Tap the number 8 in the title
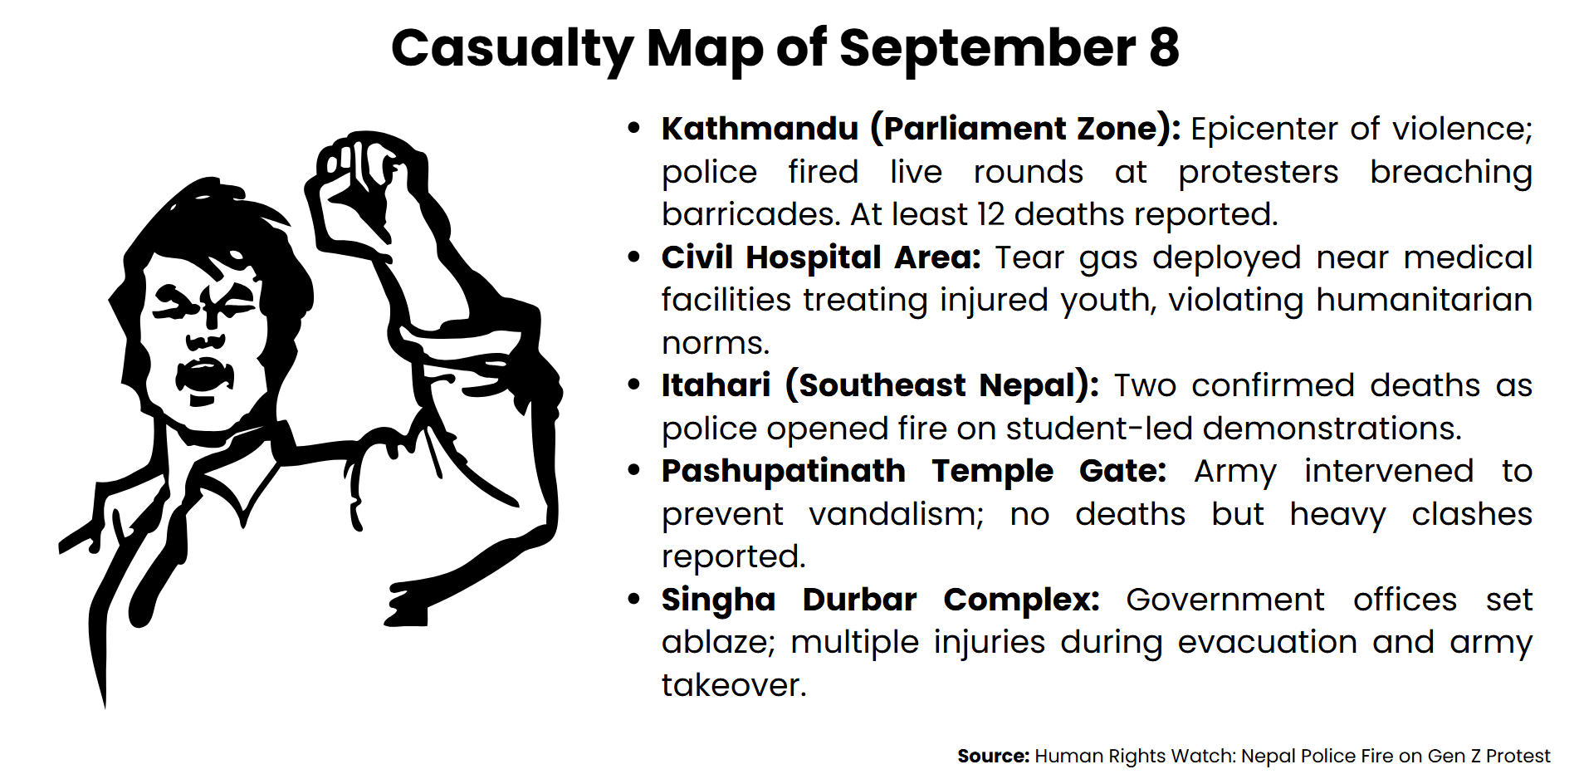click(1164, 48)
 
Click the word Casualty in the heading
click(511, 48)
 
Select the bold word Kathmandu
click(760, 129)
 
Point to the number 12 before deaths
click(990, 214)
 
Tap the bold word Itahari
click(716, 385)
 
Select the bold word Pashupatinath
click(783, 471)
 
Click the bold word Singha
click(718, 600)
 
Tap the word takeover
click(733, 685)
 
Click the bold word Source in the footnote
click(993, 756)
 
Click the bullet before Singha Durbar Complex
click(634, 599)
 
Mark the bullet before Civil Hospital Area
click(634, 257)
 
